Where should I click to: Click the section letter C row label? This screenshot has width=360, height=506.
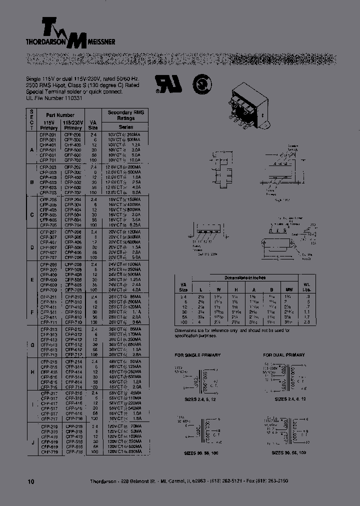click(x=31, y=214)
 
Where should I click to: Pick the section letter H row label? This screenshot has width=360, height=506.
click(x=31, y=372)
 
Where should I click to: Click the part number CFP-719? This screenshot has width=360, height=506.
click(x=49, y=451)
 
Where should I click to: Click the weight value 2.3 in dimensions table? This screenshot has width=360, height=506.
click(x=307, y=322)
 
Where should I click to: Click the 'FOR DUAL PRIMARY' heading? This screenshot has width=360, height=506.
click(x=283, y=354)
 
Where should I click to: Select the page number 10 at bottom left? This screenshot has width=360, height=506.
click(x=31, y=481)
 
